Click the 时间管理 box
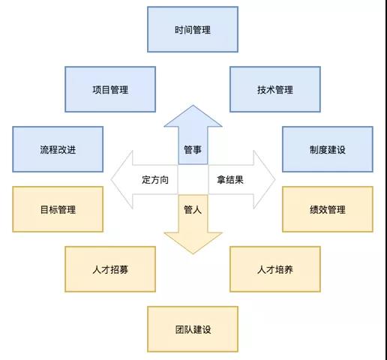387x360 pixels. (x=193, y=29)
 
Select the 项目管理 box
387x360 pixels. (x=110, y=89)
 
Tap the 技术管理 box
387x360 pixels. (x=275, y=89)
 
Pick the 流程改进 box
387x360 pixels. (x=58, y=149)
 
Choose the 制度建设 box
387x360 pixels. (x=328, y=149)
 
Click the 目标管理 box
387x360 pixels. (x=58, y=209)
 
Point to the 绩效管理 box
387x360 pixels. (x=328, y=209)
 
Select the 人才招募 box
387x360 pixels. (x=110, y=269)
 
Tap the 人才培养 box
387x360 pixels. (x=275, y=269)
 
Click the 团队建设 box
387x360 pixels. (x=193, y=329)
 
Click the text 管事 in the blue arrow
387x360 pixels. (x=193, y=150)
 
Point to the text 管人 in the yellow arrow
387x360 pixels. (x=193, y=209)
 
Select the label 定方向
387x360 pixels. (x=155, y=180)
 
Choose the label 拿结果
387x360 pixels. (x=230, y=180)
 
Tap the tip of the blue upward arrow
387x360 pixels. (x=193, y=105)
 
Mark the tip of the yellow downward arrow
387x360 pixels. (x=193, y=253)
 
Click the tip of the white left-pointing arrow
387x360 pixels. (x=111, y=179)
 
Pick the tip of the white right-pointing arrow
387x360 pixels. (x=275, y=179)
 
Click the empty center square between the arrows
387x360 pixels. (x=193, y=179)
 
